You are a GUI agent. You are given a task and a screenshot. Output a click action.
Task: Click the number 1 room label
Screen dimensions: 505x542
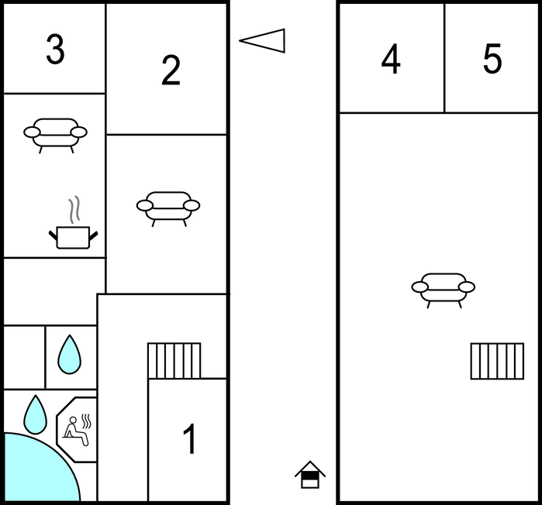tap(189, 440)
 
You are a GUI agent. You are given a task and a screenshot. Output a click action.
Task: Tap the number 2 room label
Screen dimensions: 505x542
tap(171, 71)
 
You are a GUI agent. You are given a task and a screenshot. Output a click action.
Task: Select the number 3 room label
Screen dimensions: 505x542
tap(54, 50)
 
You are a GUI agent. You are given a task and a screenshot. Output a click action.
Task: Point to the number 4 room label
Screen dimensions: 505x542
tap(391, 60)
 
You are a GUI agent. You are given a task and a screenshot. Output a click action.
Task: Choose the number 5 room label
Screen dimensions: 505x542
tap(492, 60)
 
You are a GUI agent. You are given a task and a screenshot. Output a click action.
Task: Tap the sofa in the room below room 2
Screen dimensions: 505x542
tap(168, 207)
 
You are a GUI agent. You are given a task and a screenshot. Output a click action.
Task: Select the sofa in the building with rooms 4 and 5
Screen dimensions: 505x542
tap(443, 289)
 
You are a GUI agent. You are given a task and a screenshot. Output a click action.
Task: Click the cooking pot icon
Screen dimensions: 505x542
tap(73, 236)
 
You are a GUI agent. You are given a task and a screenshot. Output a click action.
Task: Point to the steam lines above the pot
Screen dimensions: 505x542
tap(74, 209)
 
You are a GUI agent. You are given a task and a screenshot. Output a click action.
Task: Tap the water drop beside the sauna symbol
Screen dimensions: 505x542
tap(35, 414)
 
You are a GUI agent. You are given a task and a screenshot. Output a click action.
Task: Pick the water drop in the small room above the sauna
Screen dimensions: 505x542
tap(70, 354)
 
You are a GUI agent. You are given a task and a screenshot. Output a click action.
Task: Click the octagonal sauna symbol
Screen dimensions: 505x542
tap(77, 429)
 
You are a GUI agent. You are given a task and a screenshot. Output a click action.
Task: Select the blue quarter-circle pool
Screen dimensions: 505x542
tap(35, 472)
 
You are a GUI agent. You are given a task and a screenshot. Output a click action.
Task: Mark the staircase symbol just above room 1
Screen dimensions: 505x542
tap(174, 360)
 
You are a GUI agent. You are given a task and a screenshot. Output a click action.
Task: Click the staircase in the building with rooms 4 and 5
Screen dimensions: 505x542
tap(497, 361)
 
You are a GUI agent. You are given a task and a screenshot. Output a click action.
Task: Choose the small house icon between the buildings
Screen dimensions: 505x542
tap(310, 475)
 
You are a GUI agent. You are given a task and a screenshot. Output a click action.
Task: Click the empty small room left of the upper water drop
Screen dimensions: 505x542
tap(24, 357)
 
